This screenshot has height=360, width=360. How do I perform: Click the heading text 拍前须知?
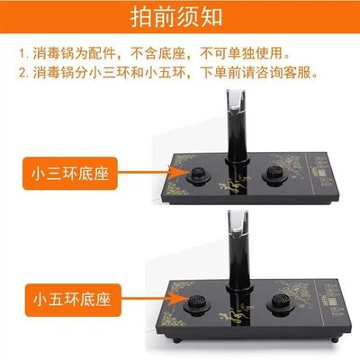tap(180, 18)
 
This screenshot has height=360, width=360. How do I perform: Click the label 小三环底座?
tap(68, 174)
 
